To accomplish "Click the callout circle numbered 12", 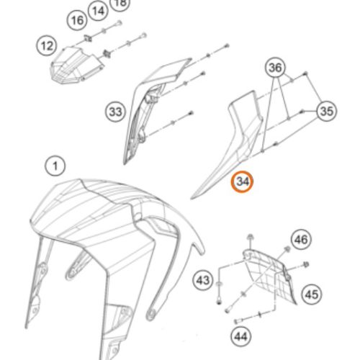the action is [47, 45].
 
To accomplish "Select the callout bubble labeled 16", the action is [77, 20].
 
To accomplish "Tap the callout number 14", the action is [98, 11].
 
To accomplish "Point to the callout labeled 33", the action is [116, 112].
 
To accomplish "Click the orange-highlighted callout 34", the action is [242, 181].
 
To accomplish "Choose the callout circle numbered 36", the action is [275, 68].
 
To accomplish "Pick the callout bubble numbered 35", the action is [327, 111].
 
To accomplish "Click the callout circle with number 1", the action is [55, 166].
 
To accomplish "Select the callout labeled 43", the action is [203, 280].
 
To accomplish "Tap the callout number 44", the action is [240, 337].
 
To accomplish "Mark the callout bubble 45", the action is [312, 294].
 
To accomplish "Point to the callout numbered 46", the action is [301, 239].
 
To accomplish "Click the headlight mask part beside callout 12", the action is [76, 65].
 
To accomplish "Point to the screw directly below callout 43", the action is [219, 301].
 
